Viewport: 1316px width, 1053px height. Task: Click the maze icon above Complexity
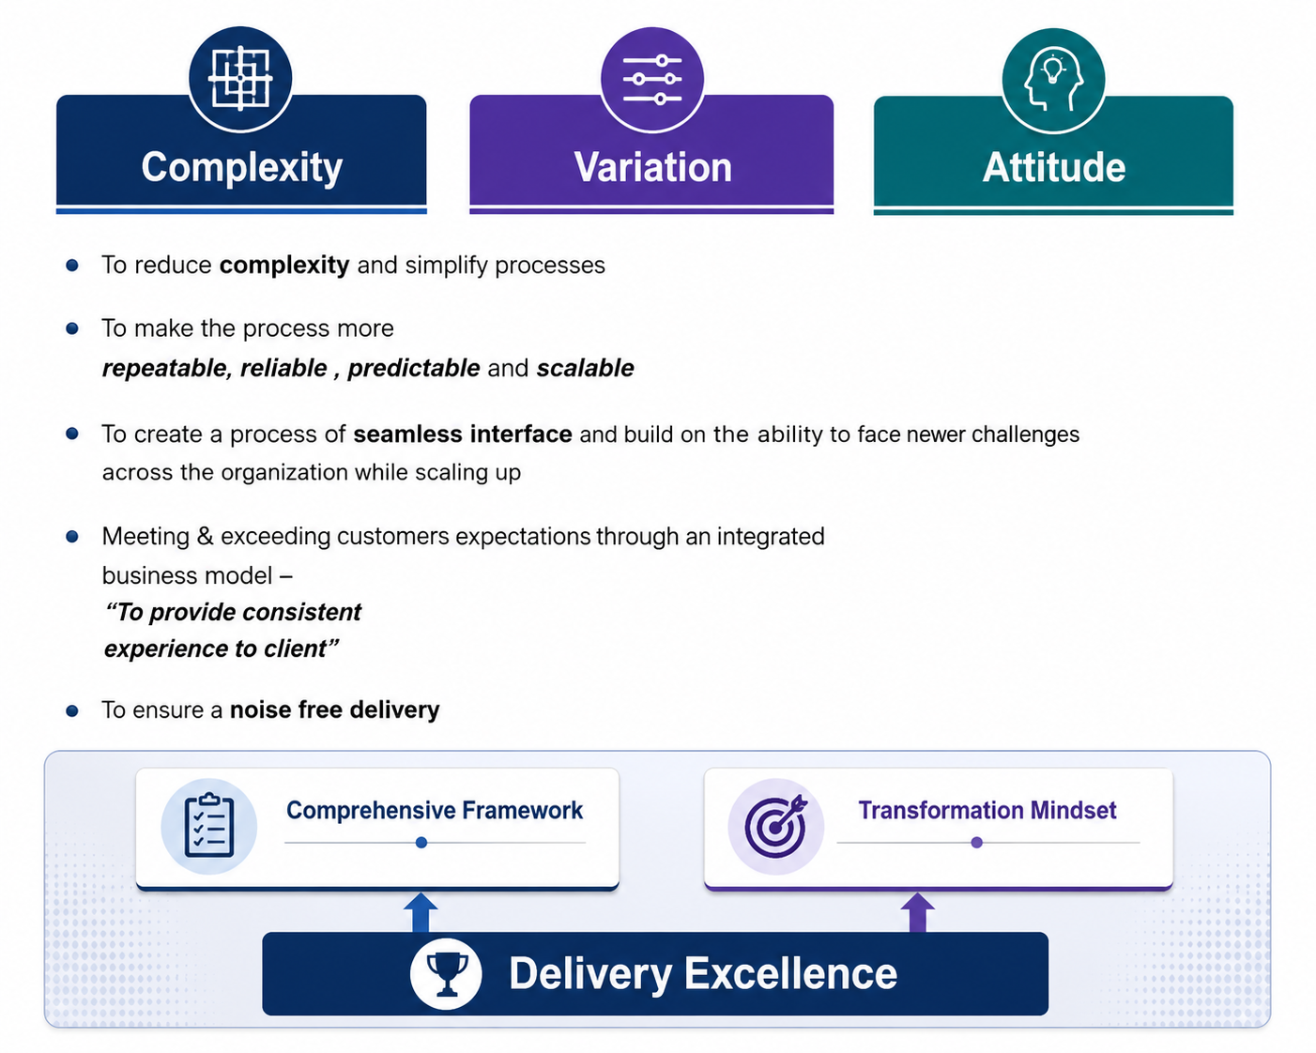click(x=239, y=78)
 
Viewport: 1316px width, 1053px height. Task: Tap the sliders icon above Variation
click(x=651, y=79)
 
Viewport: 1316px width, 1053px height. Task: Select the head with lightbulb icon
click(x=1053, y=80)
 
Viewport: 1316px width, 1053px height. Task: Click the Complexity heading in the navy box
click(x=241, y=168)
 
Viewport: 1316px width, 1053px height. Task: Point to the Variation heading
click(x=652, y=167)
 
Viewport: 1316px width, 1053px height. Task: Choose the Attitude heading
click(x=1054, y=167)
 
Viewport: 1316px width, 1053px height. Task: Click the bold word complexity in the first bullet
click(x=284, y=266)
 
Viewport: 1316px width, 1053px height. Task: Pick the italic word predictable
click(x=414, y=368)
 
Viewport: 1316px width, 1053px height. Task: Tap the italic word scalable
click(x=585, y=368)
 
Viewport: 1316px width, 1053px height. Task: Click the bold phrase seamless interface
click(x=463, y=435)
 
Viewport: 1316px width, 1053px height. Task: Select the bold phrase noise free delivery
click(x=334, y=710)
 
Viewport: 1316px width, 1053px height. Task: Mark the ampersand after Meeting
click(x=205, y=536)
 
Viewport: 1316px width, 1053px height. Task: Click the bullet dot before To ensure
click(x=72, y=710)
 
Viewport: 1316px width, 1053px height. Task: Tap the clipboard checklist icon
click(x=209, y=826)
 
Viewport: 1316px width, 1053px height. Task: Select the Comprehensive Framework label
click(x=435, y=810)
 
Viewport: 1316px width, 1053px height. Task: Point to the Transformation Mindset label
click(x=987, y=810)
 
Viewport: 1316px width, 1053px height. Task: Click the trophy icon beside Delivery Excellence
click(x=446, y=973)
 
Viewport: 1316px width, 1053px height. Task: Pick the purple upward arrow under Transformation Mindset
click(x=917, y=912)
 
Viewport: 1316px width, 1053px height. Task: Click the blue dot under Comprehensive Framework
click(x=421, y=843)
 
